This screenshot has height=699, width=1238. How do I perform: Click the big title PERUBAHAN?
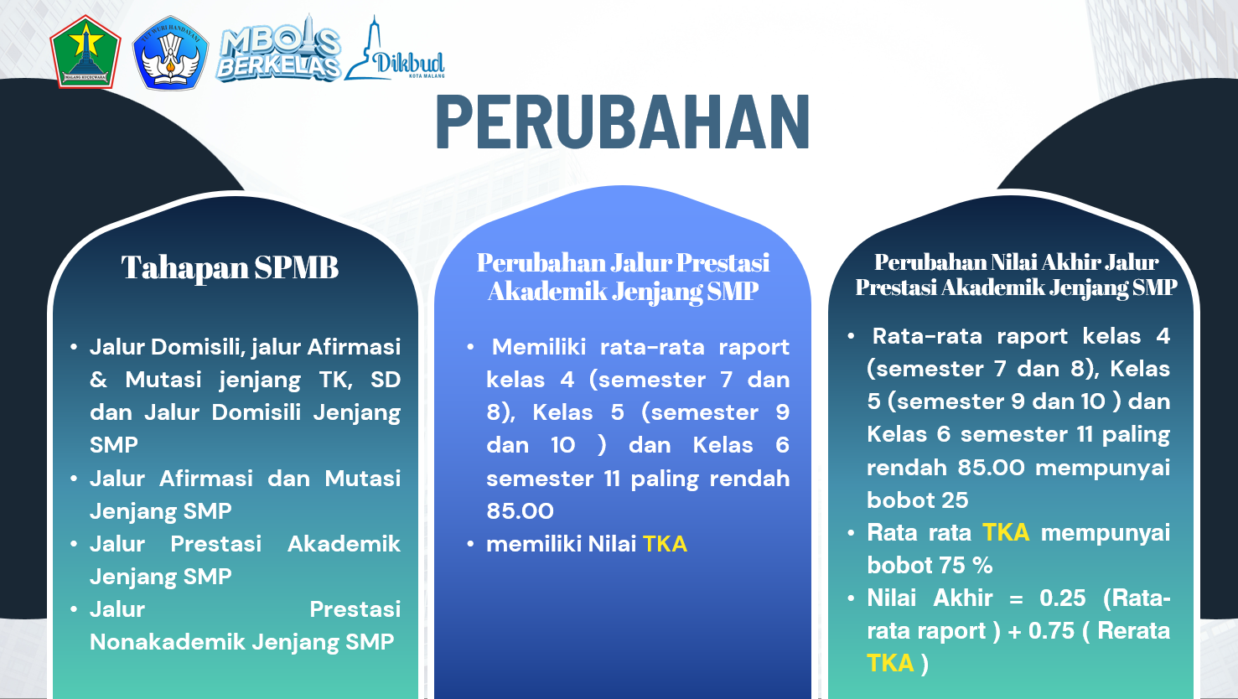tap(623, 122)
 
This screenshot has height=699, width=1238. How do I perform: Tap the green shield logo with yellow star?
tap(85, 52)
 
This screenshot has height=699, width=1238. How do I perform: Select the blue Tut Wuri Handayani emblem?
tap(170, 53)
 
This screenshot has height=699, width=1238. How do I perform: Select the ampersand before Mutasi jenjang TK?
tap(98, 381)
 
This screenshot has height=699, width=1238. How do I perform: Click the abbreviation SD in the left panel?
tap(386, 381)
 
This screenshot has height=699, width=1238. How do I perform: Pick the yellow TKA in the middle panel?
tap(665, 544)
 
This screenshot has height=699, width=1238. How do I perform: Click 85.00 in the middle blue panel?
tap(520, 511)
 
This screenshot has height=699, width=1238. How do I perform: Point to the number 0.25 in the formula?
tap(1063, 598)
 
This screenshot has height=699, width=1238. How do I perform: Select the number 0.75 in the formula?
tap(1051, 631)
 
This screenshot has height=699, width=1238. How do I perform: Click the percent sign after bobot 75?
tap(983, 566)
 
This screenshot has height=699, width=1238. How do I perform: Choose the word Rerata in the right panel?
tap(1133, 631)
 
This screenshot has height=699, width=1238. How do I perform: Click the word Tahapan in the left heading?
tap(185, 268)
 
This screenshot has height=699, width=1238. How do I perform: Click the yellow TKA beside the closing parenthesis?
tap(890, 664)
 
